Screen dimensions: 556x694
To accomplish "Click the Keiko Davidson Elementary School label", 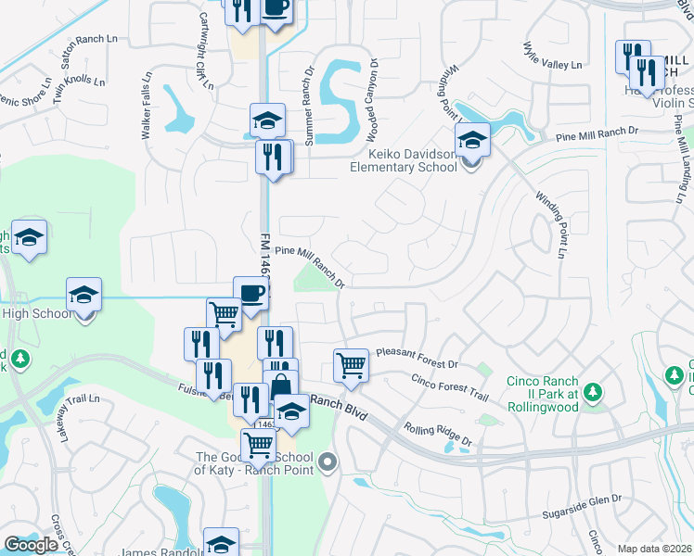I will (403, 159).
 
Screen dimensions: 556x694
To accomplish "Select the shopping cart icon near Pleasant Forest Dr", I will (351, 365).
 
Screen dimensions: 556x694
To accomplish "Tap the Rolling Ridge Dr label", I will (437, 436).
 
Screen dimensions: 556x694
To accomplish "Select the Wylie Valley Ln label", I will (552, 55).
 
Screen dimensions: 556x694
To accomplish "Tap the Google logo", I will (32, 545).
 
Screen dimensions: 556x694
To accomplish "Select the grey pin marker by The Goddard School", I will (327, 461).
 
